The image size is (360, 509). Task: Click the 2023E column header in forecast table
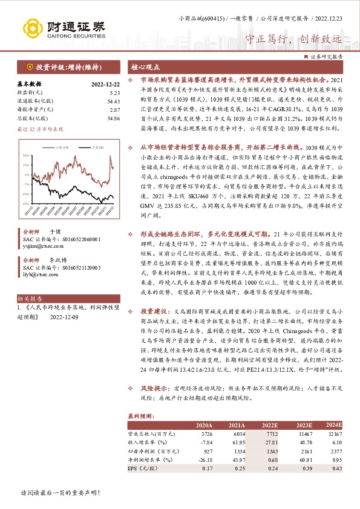[304, 425]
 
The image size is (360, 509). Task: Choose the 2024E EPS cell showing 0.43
[336, 468]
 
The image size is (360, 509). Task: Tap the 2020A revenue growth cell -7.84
[206, 443]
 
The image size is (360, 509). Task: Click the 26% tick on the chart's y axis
[26, 155]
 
